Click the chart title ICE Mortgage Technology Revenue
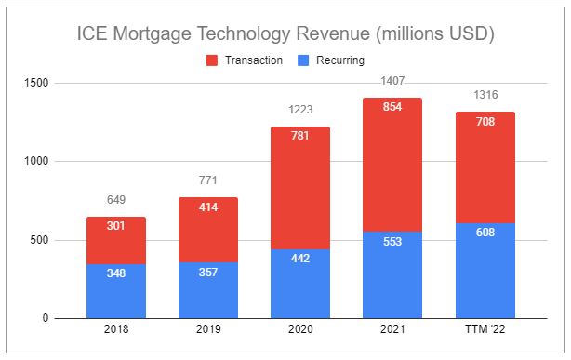[x=285, y=34]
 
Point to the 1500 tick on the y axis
[x=37, y=84]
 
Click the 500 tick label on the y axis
[x=40, y=240]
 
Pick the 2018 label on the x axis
[x=116, y=330]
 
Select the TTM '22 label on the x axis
[x=485, y=330]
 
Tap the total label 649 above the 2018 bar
[x=116, y=200]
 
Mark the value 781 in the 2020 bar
[x=300, y=136]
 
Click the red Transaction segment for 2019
[x=208, y=233]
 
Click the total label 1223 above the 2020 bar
[x=300, y=110]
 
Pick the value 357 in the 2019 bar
[x=208, y=273]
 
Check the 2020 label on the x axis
[x=300, y=330]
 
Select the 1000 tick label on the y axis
[x=37, y=162]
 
